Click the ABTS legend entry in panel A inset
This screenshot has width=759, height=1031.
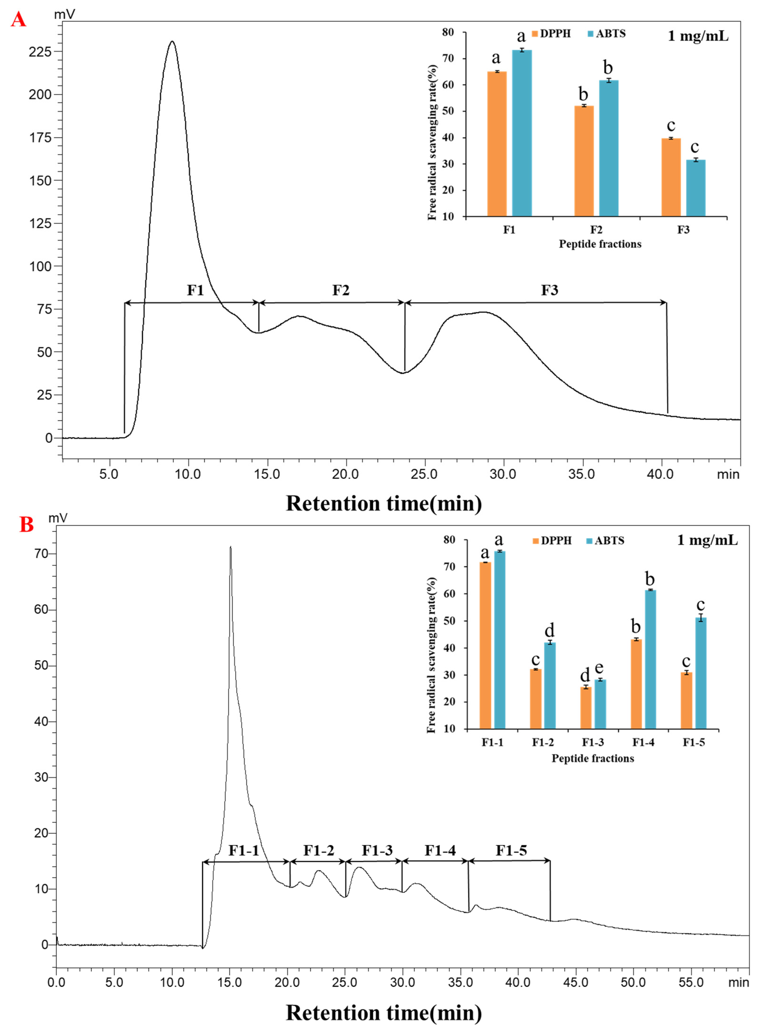pos(607,34)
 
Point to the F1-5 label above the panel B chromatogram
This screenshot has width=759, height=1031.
pos(511,850)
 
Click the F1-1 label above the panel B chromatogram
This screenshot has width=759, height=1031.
pos(244,850)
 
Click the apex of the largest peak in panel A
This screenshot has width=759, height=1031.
pos(172,42)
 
